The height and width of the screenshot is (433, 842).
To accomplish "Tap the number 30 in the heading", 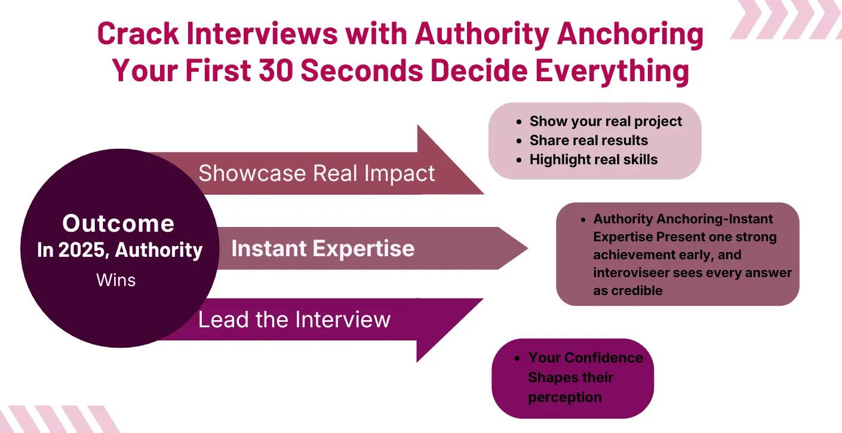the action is point(275,71).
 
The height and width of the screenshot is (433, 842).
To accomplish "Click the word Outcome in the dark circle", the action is point(118,223).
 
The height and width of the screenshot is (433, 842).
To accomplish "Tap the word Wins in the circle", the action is point(116,280).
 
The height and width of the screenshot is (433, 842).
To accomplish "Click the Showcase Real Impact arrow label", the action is point(316,173).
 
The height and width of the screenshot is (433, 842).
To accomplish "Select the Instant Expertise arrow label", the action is point(322,248).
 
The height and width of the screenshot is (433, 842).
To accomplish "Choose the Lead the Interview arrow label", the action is point(294,320).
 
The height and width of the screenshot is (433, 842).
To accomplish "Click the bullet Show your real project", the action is point(606,121).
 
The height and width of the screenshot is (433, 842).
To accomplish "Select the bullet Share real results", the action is point(588,140).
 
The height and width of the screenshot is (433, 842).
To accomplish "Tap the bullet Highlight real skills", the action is point(593,159).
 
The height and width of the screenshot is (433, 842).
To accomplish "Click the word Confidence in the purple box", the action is point(604,358).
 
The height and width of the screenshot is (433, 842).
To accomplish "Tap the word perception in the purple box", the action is point(564,397).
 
